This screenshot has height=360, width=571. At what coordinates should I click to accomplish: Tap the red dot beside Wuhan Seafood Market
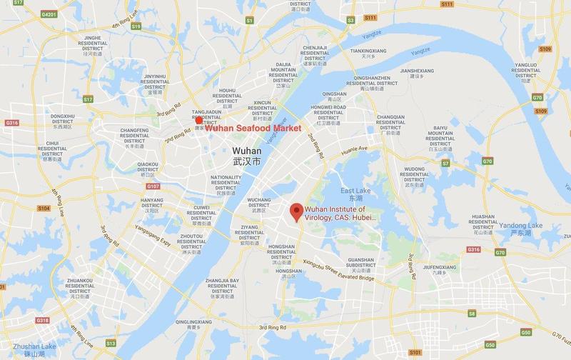coord(199,120)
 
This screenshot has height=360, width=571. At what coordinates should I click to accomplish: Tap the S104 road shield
coord(43,209)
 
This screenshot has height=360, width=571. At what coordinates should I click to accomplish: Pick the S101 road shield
coord(415,352)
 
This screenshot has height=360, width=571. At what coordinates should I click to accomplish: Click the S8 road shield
coord(471,313)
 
